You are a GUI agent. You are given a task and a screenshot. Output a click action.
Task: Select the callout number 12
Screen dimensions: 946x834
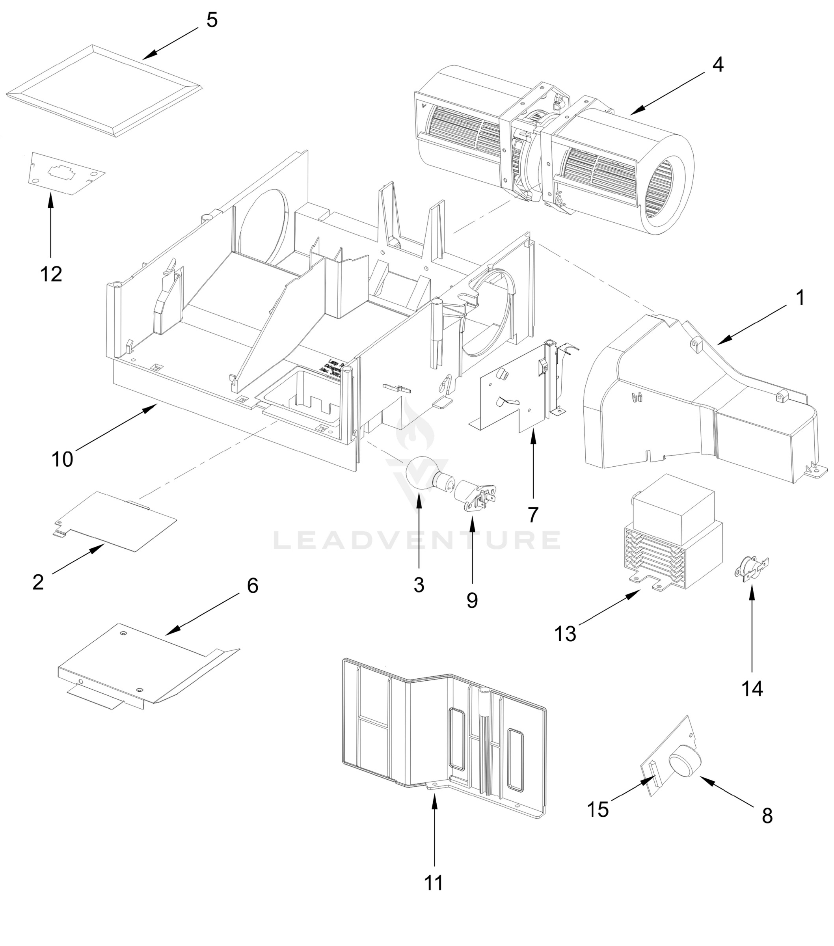[51, 274]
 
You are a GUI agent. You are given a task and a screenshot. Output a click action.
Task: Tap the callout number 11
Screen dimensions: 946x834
[434, 883]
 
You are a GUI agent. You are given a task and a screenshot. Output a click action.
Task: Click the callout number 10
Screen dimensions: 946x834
[62, 459]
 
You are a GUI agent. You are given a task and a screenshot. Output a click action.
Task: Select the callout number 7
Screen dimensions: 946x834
[533, 514]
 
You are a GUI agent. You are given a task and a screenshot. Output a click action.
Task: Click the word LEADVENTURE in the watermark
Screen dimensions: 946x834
[417, 540]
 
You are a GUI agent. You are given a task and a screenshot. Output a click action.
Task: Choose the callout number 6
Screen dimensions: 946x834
[252, 585]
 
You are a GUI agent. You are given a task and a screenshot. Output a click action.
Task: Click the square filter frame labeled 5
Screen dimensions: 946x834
[104, 91]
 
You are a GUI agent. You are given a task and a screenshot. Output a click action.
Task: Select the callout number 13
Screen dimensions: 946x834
[565, 633]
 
